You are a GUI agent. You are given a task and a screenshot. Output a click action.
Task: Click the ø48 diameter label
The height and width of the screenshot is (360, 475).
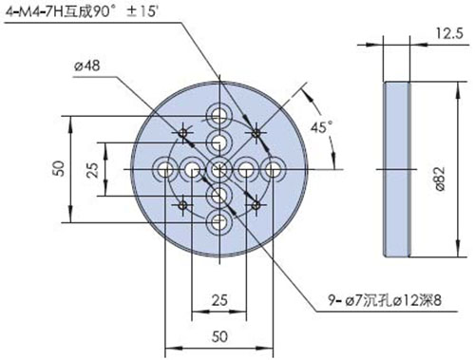pyautogui.click(x=87, y=66)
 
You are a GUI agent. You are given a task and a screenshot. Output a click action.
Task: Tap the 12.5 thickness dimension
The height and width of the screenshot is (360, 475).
pyautogui.click(x=449, y=33)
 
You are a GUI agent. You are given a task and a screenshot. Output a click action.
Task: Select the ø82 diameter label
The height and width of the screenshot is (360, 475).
pyautogui.click(x=440, y=179)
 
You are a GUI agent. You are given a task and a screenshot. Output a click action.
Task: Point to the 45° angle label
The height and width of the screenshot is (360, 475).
pyautogui.click(x=321, y=127)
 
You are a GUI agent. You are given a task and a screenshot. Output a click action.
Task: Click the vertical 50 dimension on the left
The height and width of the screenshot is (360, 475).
pyautogui.click(x=60, y=169)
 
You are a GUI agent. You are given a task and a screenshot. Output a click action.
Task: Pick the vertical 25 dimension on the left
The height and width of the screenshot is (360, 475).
pyautogui.click(x=93, y=170)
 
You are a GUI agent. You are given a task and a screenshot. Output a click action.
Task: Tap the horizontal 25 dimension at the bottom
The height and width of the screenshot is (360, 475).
pyautogui.click(x=219, y=300)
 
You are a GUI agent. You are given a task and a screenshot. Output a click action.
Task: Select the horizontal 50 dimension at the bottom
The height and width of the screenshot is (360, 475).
pyautogui.click(x=219, y=336)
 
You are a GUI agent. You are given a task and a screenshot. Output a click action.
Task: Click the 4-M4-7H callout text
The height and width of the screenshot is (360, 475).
pyautogui.click(x=82, y=12)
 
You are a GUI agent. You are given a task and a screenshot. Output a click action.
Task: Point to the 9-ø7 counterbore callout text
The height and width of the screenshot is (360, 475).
pyautogui.click(x=384, y=300)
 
